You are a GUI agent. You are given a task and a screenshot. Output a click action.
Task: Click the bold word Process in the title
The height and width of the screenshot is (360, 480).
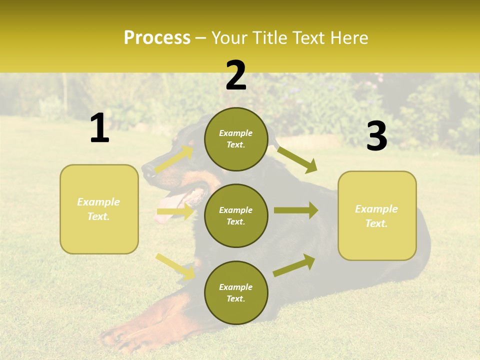tap(157, 38)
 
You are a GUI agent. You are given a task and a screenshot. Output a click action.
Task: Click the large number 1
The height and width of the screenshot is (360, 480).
tap(99, 128)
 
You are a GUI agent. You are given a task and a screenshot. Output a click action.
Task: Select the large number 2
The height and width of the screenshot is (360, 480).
tap(236, 75)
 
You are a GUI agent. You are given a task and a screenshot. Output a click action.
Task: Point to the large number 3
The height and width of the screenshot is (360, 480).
tap(377, 136)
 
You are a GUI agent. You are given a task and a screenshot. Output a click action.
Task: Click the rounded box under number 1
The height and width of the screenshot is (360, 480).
tap(99, 209)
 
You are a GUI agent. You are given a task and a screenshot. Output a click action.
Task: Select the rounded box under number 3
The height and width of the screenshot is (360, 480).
tap(377, 215)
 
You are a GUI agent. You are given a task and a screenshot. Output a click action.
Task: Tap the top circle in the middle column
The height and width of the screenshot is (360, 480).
tap(236, 139)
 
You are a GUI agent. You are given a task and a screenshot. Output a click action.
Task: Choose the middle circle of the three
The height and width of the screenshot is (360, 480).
tap(236, 215)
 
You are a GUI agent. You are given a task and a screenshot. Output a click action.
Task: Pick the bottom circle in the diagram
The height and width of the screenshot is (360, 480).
tap(236, 292)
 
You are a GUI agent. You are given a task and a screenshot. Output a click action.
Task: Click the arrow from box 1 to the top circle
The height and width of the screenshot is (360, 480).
tap(174, 159)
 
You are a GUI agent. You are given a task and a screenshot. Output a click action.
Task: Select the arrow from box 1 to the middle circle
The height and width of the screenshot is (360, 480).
tap(175, 212)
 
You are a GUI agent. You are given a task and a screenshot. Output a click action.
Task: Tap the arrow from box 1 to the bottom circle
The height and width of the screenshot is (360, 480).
tap(175, 266)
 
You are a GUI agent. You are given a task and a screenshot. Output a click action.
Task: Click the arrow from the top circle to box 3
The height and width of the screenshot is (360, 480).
tap(297, 159)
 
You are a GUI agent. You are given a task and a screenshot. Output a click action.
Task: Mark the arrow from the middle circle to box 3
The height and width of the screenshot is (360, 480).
tap(296, 210)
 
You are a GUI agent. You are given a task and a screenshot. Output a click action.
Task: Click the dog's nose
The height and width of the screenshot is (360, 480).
tap(148, 170)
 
